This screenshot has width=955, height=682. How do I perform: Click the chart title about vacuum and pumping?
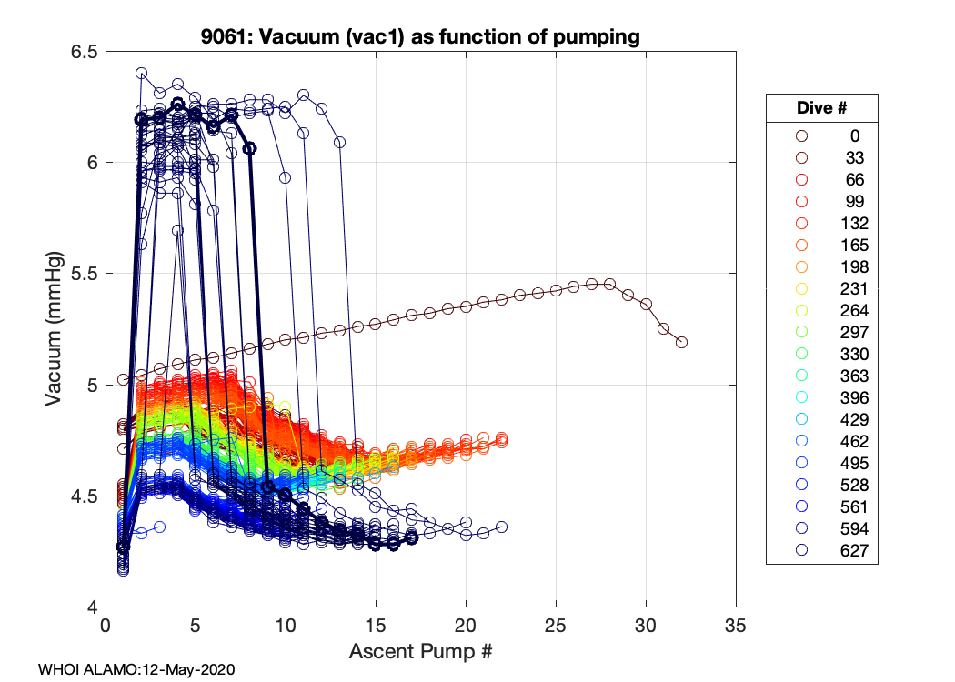(x=420, y=37)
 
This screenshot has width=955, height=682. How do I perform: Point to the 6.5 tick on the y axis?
(x=85, y=52)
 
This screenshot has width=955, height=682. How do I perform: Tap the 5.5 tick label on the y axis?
(x=85, y=274)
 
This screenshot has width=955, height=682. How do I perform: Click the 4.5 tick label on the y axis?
(x=85, y=496)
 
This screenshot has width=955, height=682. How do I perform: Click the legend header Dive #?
(x=821, y=108)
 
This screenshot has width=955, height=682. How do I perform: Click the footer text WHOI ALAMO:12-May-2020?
(x=136, y=669)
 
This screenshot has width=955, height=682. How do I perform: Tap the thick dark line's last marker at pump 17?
(x=411, y=537)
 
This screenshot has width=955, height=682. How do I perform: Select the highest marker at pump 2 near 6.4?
(x=141, y=73)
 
